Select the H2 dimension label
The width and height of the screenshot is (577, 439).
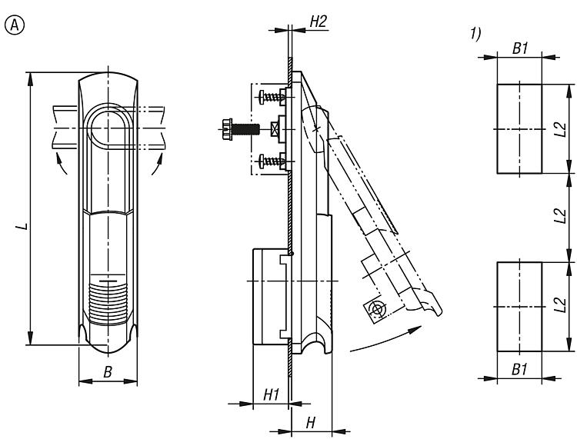tap(319, 22)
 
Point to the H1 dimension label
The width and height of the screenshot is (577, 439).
tap(271, 394)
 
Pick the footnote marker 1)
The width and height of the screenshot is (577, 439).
tap(475, 33)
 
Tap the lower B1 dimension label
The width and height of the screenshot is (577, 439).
tap(520, 369)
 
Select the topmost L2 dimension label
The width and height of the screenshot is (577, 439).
tap(560, 128)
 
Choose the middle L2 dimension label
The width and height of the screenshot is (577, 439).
tap(560, 218)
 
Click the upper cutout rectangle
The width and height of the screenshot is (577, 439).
tap(519, 128)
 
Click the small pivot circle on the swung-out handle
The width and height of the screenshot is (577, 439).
tap(378, 310)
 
